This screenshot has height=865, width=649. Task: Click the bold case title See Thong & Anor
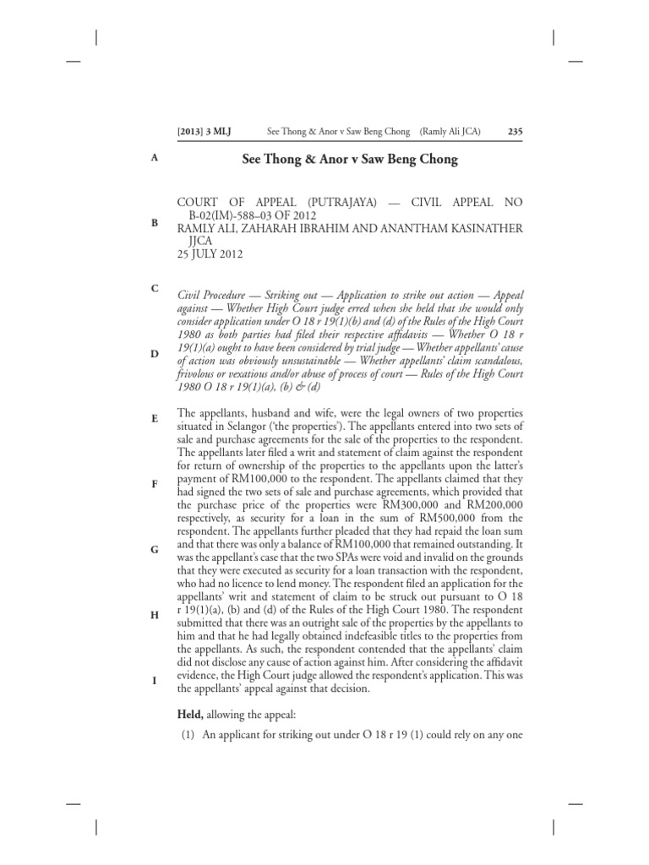point(350,160)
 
